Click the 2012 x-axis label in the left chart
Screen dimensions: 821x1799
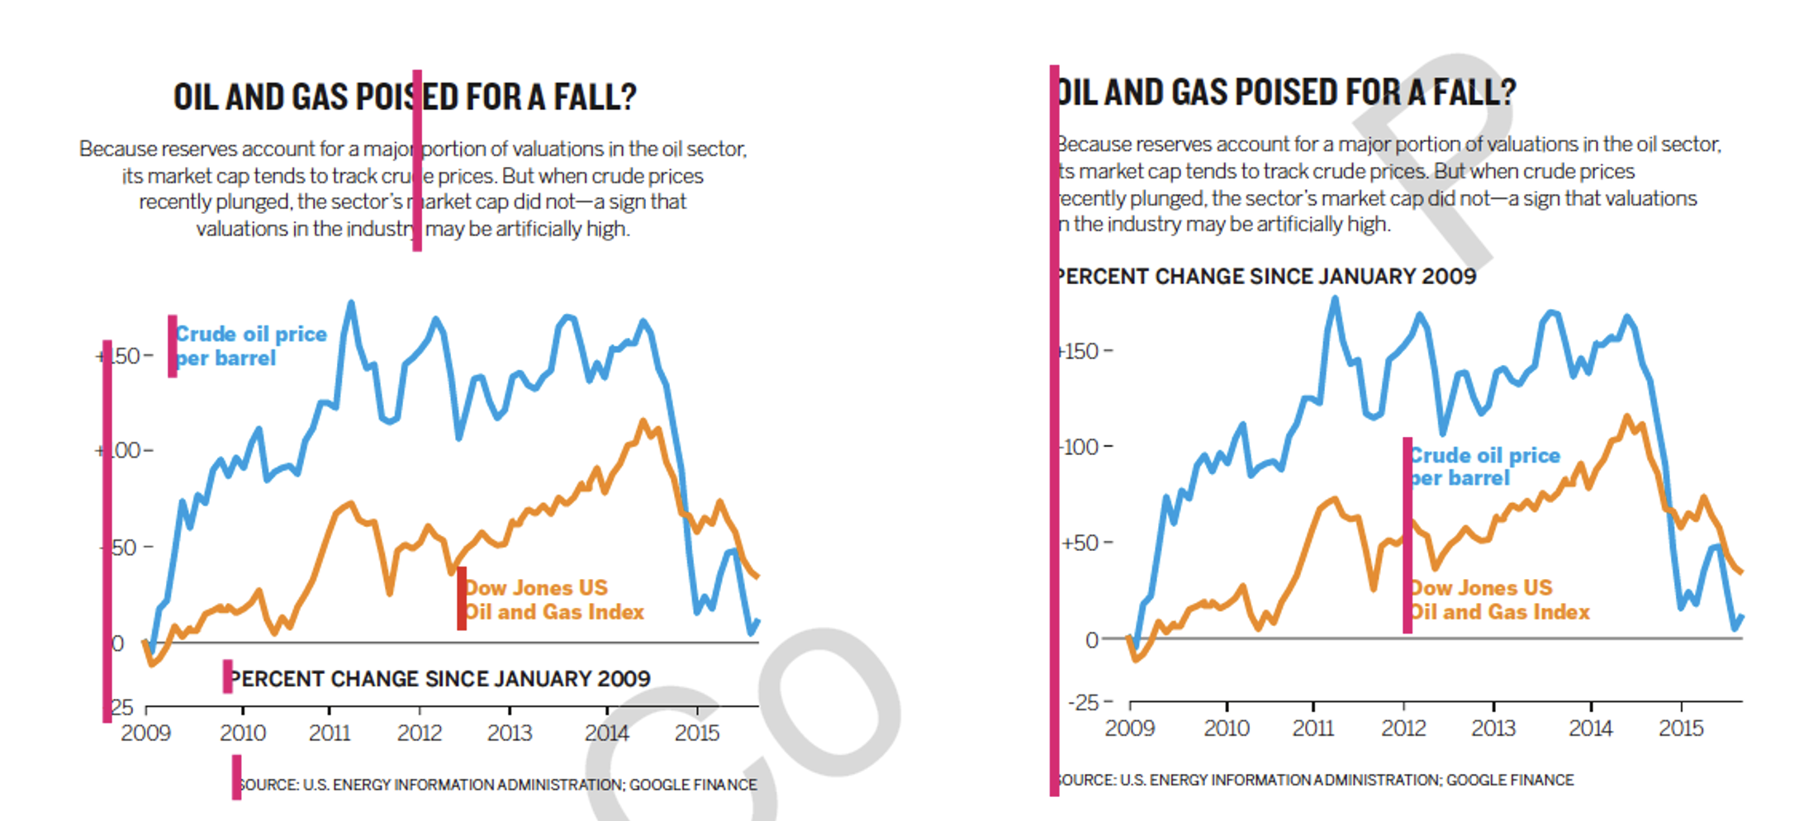(x=420, y=733)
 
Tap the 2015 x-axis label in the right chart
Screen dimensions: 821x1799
(x=1681, y=728)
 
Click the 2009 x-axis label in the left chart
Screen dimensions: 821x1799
(x=145, y=733)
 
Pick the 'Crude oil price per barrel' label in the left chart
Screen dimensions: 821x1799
(x=250, y=346)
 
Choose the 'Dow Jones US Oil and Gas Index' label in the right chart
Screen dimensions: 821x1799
(x=1498, y=600)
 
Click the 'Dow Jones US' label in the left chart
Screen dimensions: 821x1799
(x=536, y=588)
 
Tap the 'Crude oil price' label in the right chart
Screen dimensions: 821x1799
(x=1484, y=455)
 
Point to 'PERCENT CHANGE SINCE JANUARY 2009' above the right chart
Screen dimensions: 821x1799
(x=1266, y=277)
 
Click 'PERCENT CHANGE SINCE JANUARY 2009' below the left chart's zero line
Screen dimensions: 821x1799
(x=439, y=679)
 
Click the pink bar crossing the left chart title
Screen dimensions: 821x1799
(x=417, y=161)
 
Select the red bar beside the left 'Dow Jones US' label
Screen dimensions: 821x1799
(x=462, y=599)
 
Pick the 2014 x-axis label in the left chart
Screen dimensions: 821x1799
(x=606, y=733)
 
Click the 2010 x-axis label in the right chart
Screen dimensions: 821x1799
(x=1227, y=728)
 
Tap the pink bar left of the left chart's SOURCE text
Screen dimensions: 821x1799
(x=236, y=777)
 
